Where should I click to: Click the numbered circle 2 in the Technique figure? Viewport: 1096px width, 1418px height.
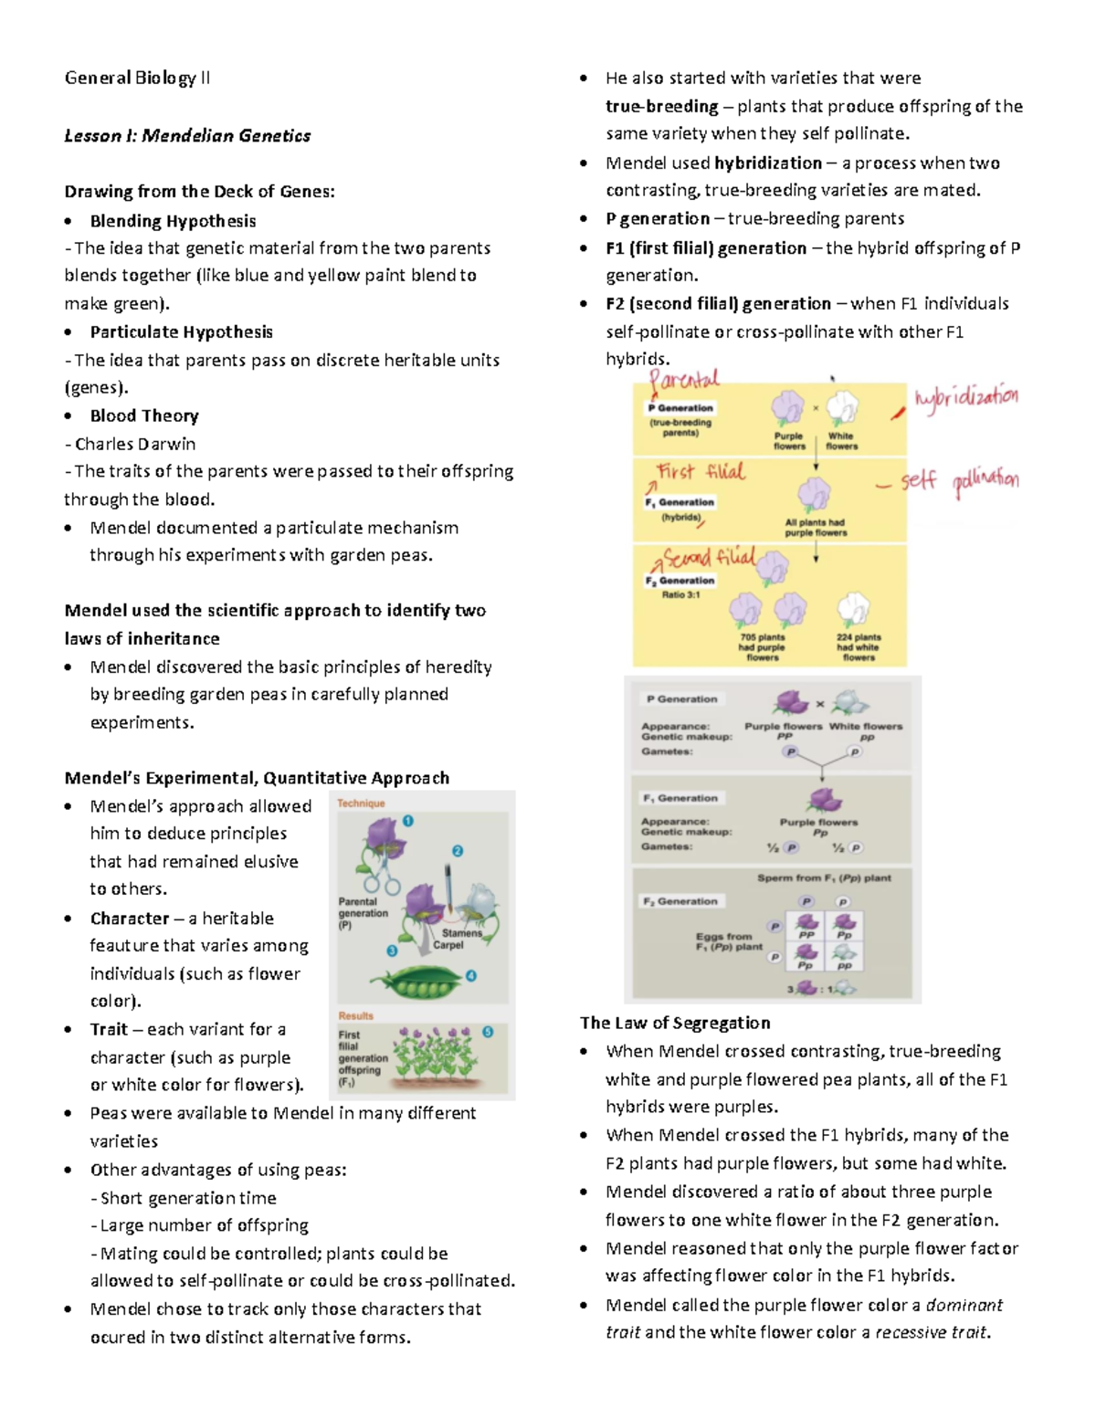(458, 851)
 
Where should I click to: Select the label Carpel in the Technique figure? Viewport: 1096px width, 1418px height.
(448, 945)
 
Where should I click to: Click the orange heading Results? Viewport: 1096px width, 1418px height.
(355, 1015)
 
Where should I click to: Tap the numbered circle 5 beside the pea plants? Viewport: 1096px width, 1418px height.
(488, 1032)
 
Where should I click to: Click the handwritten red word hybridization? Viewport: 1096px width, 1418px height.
(966, 398)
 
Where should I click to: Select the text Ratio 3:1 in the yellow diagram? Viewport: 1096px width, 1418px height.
(680, 594)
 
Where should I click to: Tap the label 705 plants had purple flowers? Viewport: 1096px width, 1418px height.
(762, 646)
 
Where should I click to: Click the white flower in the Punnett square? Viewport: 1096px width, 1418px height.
(844, 954)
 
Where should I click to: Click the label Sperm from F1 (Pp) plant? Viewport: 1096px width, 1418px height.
(824, 877)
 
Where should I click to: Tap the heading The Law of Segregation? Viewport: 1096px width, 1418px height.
(675, 1023)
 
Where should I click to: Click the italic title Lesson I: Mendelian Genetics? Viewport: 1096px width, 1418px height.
(187, 136)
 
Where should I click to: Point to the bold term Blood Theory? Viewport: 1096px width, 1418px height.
(144, 415)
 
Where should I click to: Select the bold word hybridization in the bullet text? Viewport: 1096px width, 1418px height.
(768, 163)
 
